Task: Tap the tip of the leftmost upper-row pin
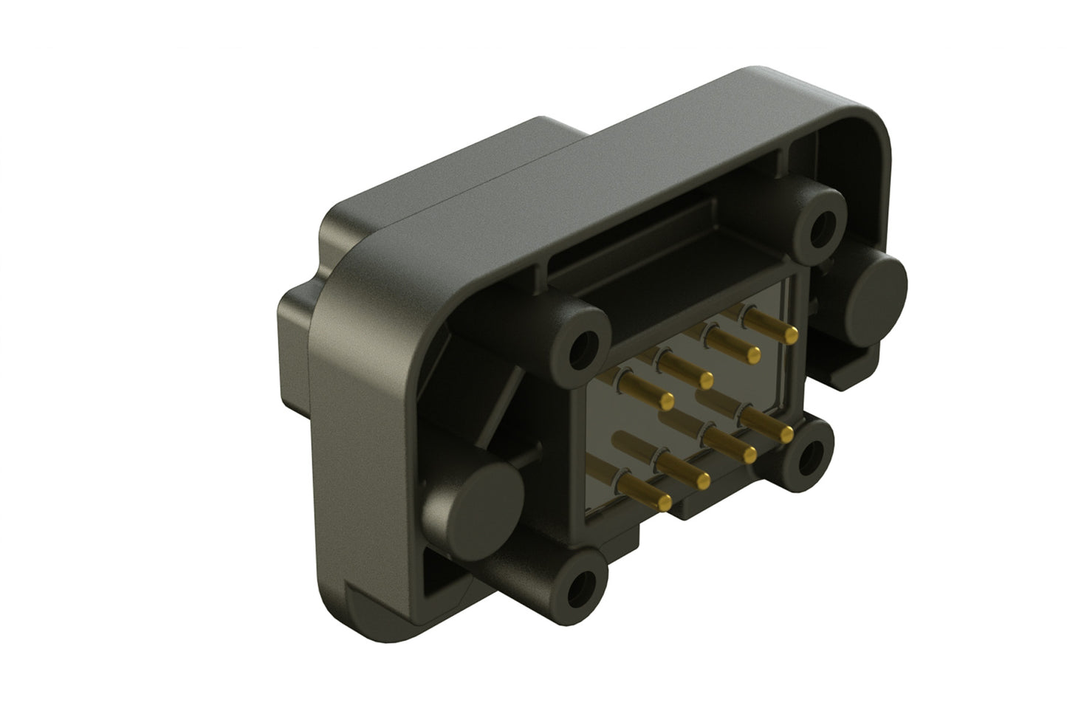point(668,402)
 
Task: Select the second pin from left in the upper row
point(706,379)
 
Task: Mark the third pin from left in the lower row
point(749,456)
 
